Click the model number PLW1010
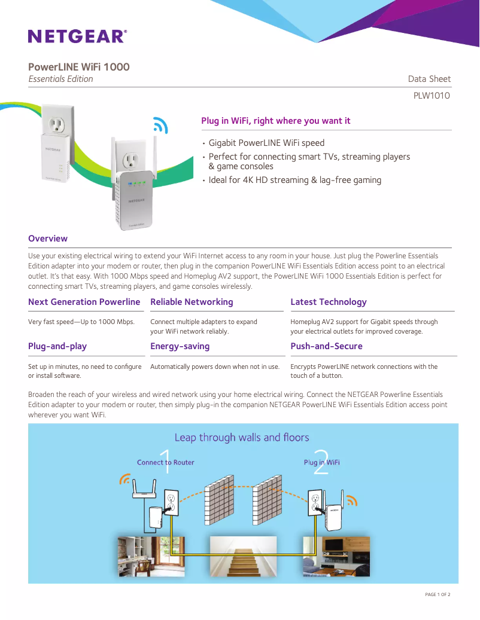432,96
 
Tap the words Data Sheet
429,79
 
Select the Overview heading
48,239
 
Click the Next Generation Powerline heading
84,302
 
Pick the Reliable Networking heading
192,302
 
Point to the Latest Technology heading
329,302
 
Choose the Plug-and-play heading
57,346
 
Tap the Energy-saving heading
180,346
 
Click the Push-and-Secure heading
326,346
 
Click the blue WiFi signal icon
160,124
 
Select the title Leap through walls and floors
242,438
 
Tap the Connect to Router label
165,462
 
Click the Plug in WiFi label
321,462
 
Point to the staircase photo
242,555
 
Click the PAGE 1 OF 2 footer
437,594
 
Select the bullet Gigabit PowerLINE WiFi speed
266,143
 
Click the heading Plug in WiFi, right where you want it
276,121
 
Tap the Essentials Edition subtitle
61,79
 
